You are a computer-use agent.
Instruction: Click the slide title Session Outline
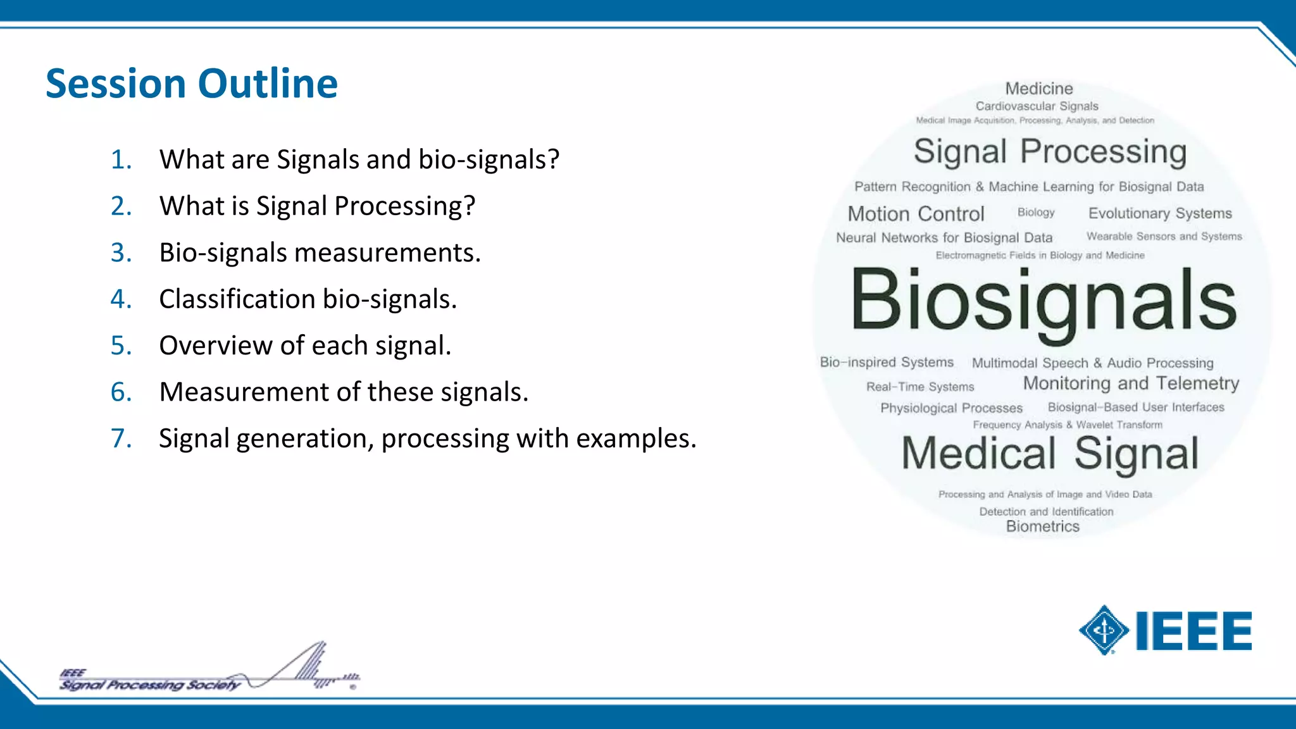tap(192, 84)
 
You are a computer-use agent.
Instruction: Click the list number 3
tap(121, 252)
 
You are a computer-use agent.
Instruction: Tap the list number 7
tap(121, 439)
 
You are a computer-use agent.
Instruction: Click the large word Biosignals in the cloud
tap(1043, 300)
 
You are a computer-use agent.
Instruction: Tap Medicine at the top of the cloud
tap(1039, 89)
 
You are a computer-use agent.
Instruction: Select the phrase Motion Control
tap(916, 214)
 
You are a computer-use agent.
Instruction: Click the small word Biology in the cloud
tap(1036, 213)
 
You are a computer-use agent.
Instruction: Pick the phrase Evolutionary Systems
tap(1160, 213)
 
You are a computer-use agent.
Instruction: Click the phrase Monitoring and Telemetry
tap(1131, 383)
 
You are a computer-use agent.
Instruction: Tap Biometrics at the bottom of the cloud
tap(1042, 526)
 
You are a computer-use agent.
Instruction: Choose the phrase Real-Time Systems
tap(920, 387)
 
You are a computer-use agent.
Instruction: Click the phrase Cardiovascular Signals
tap(1037, 106)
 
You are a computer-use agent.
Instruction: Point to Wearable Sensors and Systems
tap(1164, 237)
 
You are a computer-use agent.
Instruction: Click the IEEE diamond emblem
tap(1104, 630)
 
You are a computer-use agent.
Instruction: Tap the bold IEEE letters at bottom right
tap(1193, 631)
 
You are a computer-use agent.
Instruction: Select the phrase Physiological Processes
tap(951, 408)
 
